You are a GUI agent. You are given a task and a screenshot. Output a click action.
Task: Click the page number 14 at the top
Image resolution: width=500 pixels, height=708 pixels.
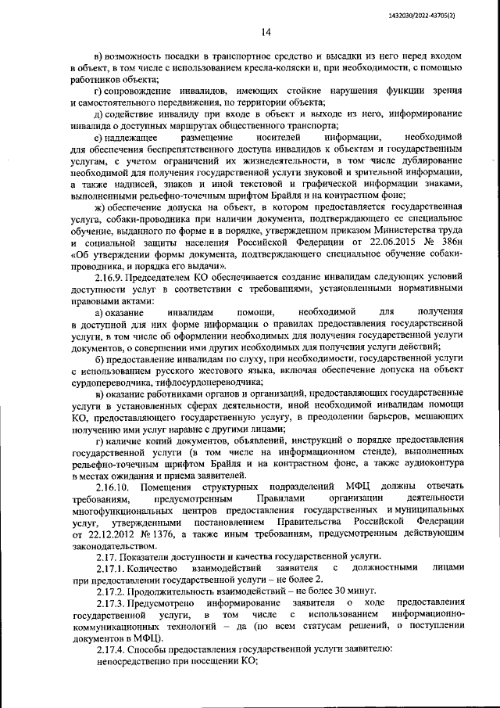click(266, 32)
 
